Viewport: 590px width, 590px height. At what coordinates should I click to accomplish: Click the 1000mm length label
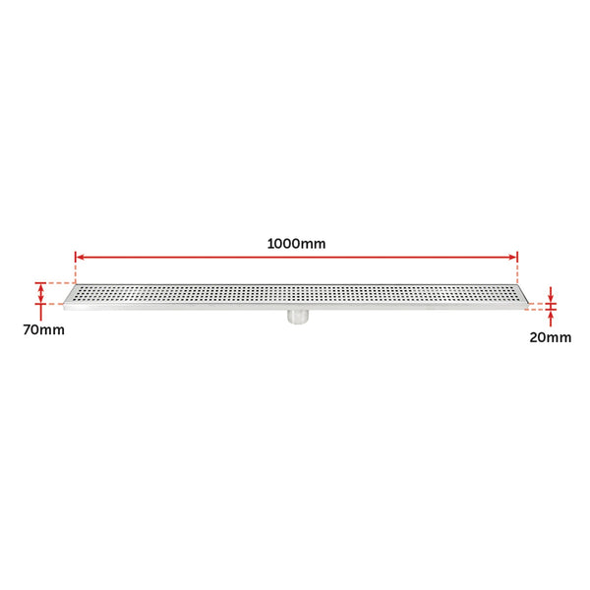coord(297,242)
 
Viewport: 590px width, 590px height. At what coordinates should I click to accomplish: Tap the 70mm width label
coord(44,329)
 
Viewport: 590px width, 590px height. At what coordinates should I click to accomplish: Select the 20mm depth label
coord(550,337)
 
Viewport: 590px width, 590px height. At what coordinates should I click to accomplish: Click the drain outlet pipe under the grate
coord(296,317)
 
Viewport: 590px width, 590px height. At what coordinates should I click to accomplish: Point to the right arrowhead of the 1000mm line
coord(512,258)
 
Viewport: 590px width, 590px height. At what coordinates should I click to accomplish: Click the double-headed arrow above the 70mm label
coord(40,293)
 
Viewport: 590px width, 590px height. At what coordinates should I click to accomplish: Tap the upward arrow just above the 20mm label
coord(552,316)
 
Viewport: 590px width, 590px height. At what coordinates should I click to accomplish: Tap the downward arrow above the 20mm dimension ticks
coord(552,294)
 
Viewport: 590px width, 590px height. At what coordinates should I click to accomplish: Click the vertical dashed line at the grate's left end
coord(75,270)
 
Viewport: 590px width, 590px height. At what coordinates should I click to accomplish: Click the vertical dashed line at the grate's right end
coord(518,270)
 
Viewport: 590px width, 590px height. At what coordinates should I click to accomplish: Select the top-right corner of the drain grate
coord(516,286)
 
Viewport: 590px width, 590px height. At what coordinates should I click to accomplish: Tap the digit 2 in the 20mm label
coord(534,337)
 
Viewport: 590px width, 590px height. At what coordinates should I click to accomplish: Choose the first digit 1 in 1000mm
coord(269,242)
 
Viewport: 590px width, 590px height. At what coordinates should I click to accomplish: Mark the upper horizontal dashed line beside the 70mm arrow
coord(57,282)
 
